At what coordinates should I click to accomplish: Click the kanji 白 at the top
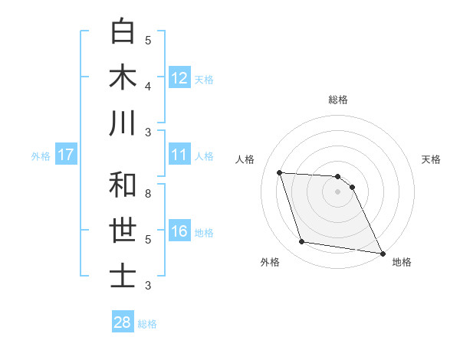click(x=123, y=31)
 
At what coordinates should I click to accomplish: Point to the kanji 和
click(x=123, y=185)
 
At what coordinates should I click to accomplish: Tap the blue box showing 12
click(x=179, y=77)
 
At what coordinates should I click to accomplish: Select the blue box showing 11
click(x=179, y=155)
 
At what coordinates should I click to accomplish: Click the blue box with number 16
click(x=179, y=232)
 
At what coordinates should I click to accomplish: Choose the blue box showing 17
click(x=66, y=155)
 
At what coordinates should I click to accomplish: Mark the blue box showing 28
click(x=123, y=322)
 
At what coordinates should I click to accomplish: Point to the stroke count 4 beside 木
click(x=148, y=86)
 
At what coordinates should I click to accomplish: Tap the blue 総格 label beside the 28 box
click(x=147, y=324)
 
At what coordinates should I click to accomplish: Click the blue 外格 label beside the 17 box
click(x=41, y=156)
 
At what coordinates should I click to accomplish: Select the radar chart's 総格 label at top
click(x=338, y=100)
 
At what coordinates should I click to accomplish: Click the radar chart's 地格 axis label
click(x=402, y=262)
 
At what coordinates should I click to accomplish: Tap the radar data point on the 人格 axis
click(x=280, y=172)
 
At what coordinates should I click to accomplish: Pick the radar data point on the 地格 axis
click(x=382, y=253)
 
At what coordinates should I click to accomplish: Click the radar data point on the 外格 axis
click(x=302, y=242)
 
